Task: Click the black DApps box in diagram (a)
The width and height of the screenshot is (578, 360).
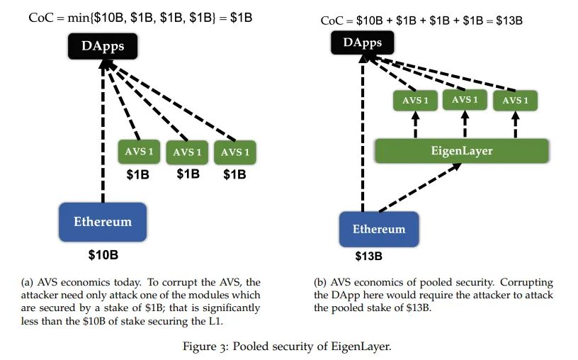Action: tap(103, 46)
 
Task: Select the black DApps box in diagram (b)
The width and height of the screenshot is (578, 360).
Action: tap(363, 43)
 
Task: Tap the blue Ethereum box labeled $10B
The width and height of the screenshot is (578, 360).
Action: tap(103, 222)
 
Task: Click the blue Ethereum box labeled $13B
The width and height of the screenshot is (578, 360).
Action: tap(379, 229)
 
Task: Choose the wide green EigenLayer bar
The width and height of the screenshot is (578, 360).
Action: tap(462, 151)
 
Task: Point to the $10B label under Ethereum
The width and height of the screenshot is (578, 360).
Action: tap(103, 255)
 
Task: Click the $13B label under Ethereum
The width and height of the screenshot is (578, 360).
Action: tap(368, 256)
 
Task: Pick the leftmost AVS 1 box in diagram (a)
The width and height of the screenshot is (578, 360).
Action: tap(139, 152)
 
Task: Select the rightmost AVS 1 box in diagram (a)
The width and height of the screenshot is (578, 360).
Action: tap(235, 152)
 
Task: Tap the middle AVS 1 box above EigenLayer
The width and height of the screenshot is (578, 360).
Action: tap(465, 100)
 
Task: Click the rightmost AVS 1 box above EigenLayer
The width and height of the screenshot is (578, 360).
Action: tap(515, 101)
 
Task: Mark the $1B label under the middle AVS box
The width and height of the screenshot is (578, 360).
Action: tap(188, 174)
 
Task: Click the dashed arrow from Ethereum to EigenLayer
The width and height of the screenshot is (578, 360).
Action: tap(420, 188)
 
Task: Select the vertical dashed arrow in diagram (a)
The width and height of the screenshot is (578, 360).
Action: tap(103, 131)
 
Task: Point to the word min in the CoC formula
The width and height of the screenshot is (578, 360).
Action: tap(78, 18)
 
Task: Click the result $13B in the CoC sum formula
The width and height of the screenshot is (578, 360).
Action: tap(509, 21)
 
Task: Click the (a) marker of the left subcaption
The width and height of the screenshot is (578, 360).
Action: tap(27, 283)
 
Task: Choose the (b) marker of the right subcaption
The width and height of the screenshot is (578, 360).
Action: tap(320, 283)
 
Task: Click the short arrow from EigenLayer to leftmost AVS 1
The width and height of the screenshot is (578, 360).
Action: tap(415, 125)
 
